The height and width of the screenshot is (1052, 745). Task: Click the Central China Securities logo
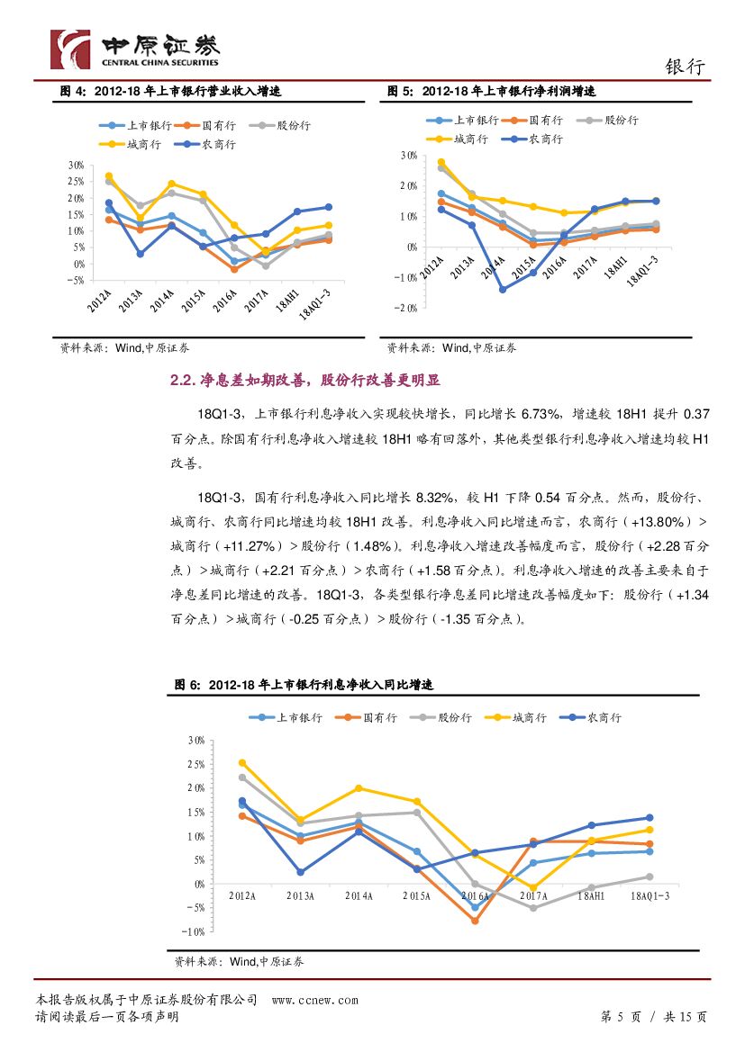click(135, 49)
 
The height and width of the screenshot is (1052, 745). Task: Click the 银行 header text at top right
click(686, 67)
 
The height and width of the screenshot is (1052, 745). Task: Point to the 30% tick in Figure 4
click(75, 166)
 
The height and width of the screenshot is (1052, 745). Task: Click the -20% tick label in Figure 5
click(405, 309)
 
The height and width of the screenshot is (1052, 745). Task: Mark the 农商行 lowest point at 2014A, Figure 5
click(502, 289)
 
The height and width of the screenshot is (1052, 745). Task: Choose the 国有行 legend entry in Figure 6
click(369, 717)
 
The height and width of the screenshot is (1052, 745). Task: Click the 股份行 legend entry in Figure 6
click(445, 717)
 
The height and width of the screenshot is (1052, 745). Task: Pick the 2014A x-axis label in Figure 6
click(359, 895)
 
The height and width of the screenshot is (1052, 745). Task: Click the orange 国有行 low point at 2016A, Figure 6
click(475, 921)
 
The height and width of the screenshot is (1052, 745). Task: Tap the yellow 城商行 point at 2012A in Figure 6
click(241, 763)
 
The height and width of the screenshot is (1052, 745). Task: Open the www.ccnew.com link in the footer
click(314, 1000)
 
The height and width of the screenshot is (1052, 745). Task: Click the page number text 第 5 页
click(620, 1017)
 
